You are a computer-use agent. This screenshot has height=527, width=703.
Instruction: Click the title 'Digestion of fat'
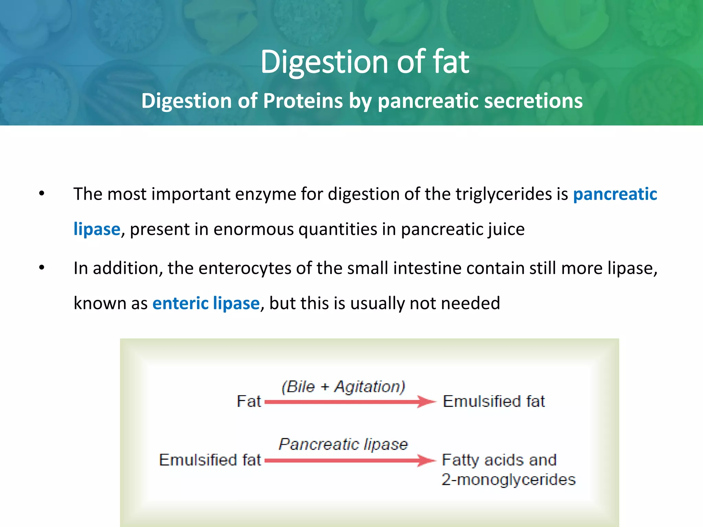pos(365,62)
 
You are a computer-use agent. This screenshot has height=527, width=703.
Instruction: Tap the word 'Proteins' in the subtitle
pos(303,101)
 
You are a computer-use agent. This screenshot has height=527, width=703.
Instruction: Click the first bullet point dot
pos(42,194)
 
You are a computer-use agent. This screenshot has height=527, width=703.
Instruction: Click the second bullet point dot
pos(42,268)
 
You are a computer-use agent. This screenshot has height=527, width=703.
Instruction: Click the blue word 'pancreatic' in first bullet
pos(615,195)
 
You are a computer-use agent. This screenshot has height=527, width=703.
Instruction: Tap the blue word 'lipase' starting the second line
pos(97,229)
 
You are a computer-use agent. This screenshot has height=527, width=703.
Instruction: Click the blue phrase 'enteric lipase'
pos(206,303)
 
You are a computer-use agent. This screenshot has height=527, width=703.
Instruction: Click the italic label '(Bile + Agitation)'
pos(343,387)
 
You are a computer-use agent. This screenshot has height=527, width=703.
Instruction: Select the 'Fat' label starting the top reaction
pos(249,401)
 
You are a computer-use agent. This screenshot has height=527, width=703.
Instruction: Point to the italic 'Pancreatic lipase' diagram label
pos(343,444)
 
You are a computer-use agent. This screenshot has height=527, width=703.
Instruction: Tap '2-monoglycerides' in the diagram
pos(508,480)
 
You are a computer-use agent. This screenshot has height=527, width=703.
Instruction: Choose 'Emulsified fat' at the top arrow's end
pos(494,401)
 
